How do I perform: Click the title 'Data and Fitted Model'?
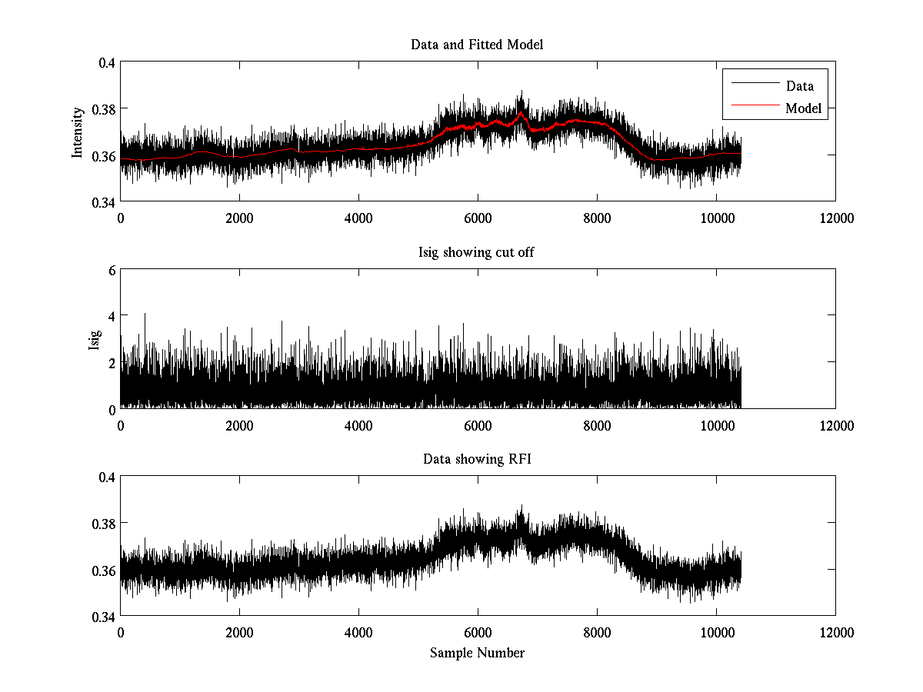coord(477,45)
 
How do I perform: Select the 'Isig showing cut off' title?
coord(477,251)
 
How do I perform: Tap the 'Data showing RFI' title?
coord(477,459)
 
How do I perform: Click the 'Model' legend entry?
coord(804,108)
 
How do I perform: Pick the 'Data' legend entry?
coord(800,86)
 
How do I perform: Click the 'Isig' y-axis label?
coord(94,339)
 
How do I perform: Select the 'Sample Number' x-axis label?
coord(477,653)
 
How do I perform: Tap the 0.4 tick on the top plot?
coord(105,63)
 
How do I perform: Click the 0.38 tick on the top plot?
coord(102,109)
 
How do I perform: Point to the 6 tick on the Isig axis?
coord(112,270)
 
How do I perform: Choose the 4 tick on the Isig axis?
coord(112,316)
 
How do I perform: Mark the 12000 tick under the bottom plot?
coord(835,632)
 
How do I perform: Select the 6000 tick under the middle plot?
coord(478,425)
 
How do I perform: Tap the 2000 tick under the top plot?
coord(239,218)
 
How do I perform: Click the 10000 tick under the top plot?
coord(716,218)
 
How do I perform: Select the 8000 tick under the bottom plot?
coord(597,632)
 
